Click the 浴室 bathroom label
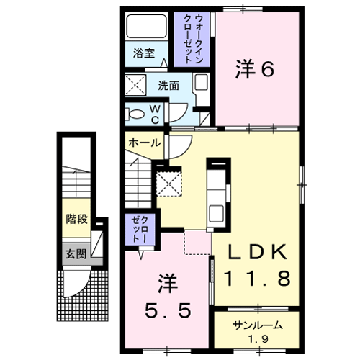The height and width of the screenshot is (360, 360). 144,53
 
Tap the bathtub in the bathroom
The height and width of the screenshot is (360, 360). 146,27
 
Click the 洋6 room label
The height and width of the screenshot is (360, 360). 255,69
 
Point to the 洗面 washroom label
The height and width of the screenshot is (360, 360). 168,86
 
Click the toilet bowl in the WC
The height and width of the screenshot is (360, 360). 136,114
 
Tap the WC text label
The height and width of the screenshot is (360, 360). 156,114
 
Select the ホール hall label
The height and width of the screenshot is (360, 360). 145,143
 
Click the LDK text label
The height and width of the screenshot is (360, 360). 258,252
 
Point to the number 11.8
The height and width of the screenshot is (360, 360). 258,278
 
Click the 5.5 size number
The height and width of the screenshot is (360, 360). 168,310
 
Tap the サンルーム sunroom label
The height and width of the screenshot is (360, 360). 257,325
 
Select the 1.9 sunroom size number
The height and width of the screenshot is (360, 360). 258,339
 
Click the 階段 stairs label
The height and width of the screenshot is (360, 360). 77,219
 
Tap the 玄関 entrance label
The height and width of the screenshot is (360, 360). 76,254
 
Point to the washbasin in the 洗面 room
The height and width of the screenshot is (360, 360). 201,82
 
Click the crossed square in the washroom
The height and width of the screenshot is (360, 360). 135,85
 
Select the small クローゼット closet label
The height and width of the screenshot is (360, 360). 140,229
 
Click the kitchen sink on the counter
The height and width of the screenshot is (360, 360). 217,214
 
